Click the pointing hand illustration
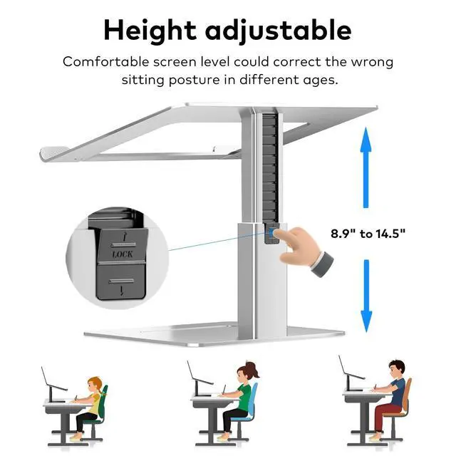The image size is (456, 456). [304, 250]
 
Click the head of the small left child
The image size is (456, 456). [95, 385]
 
